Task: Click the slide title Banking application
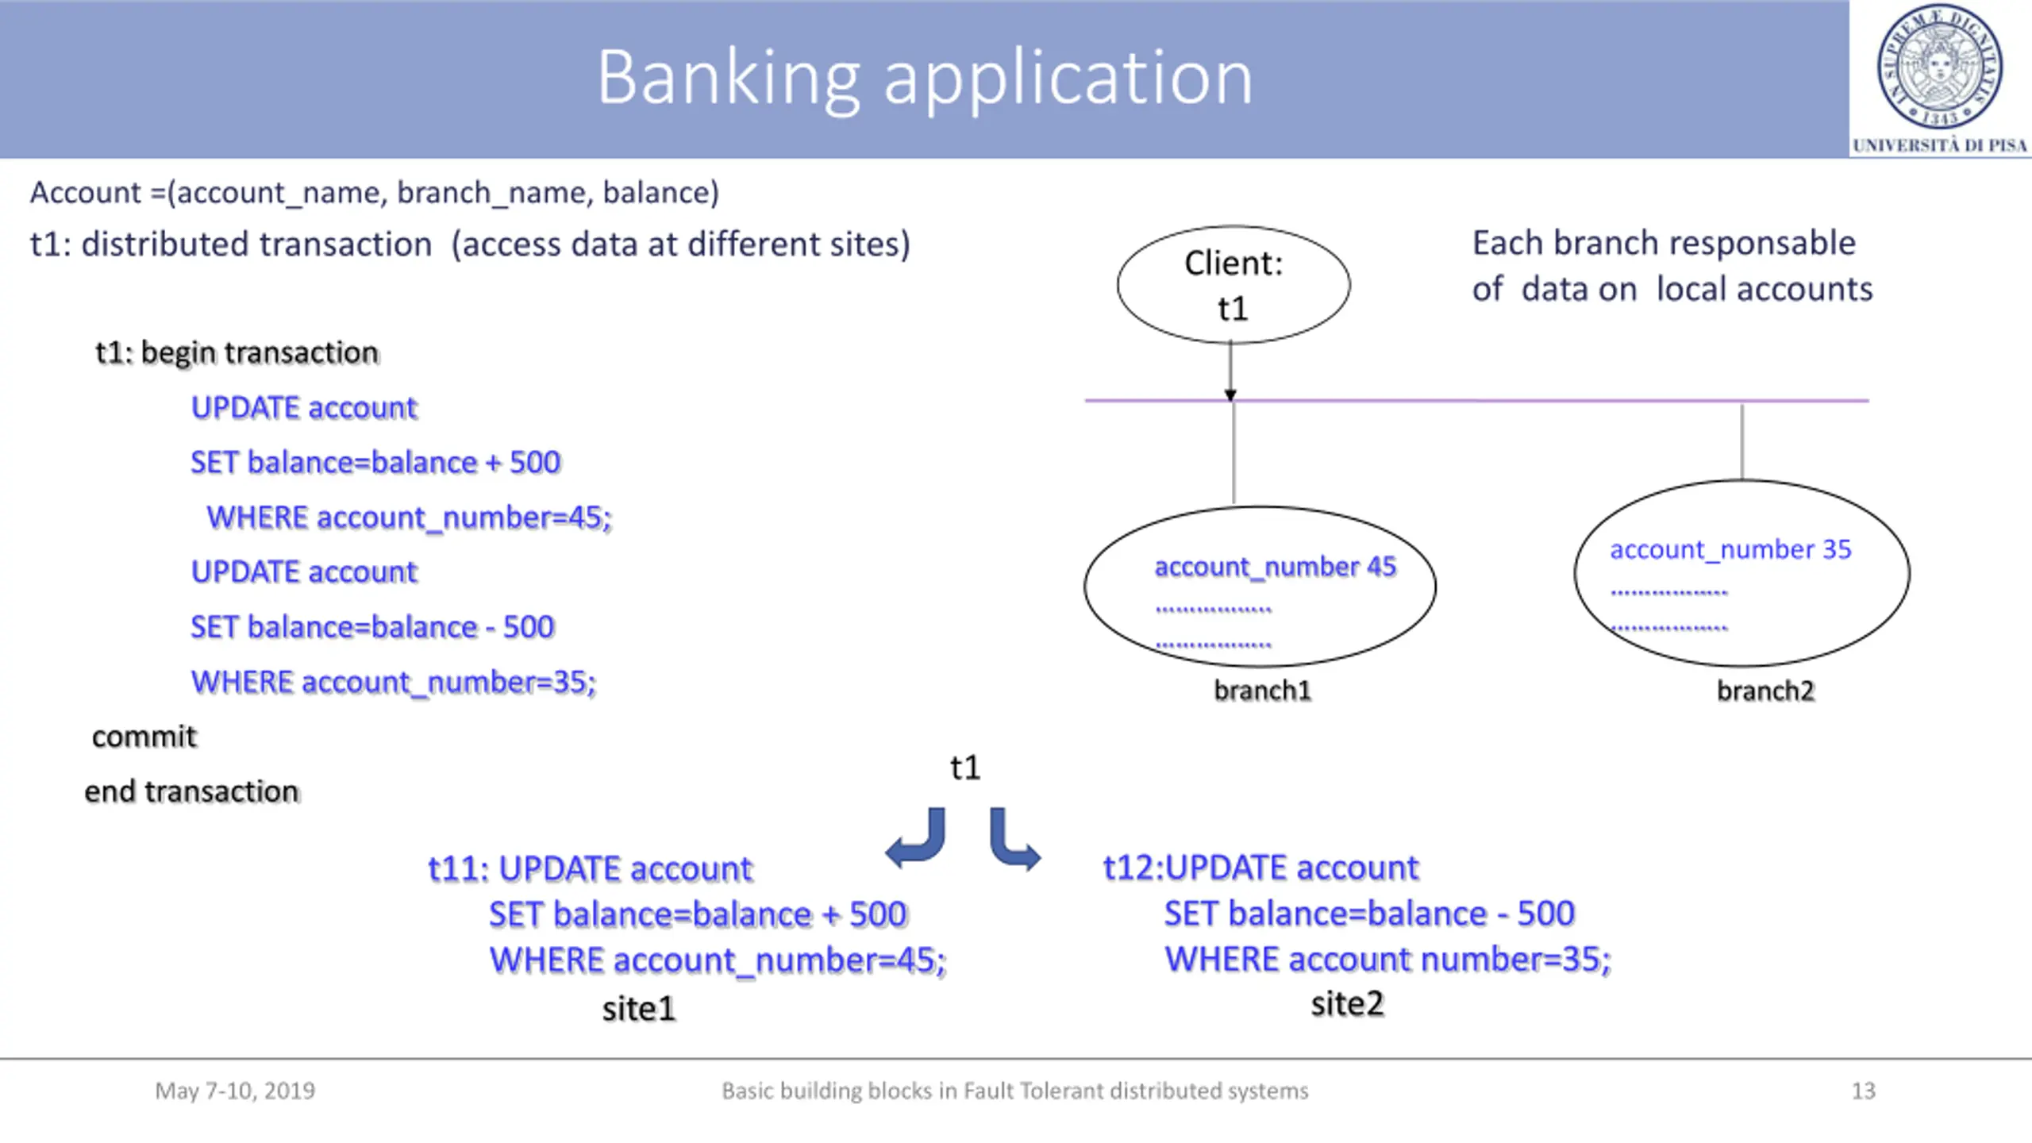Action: coord(925,78)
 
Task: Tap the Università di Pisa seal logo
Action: coord(1940,67)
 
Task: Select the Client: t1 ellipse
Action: coord(1233,285)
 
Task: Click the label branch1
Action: coord(1262,691)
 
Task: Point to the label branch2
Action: coord(1765,691)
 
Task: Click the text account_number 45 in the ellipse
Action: coord(1275,568)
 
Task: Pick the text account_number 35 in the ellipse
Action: coord(1730,550)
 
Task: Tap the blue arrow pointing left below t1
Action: coord(916,839)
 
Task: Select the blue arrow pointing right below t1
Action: coord(1014,840)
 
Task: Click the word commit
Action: coord(144,737)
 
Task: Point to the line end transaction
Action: coord(192,792)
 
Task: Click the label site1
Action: coord(638,1010)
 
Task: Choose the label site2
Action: coord(1347,1004)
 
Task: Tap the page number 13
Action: coord(1864,1091)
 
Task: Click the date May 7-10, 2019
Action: coord(235,1091)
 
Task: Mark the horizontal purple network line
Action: coord(1477,401)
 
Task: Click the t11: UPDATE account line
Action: coord(590,869)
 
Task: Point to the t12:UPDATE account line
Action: coord(1260,868)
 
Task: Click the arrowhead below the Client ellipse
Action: coord(1230,394)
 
